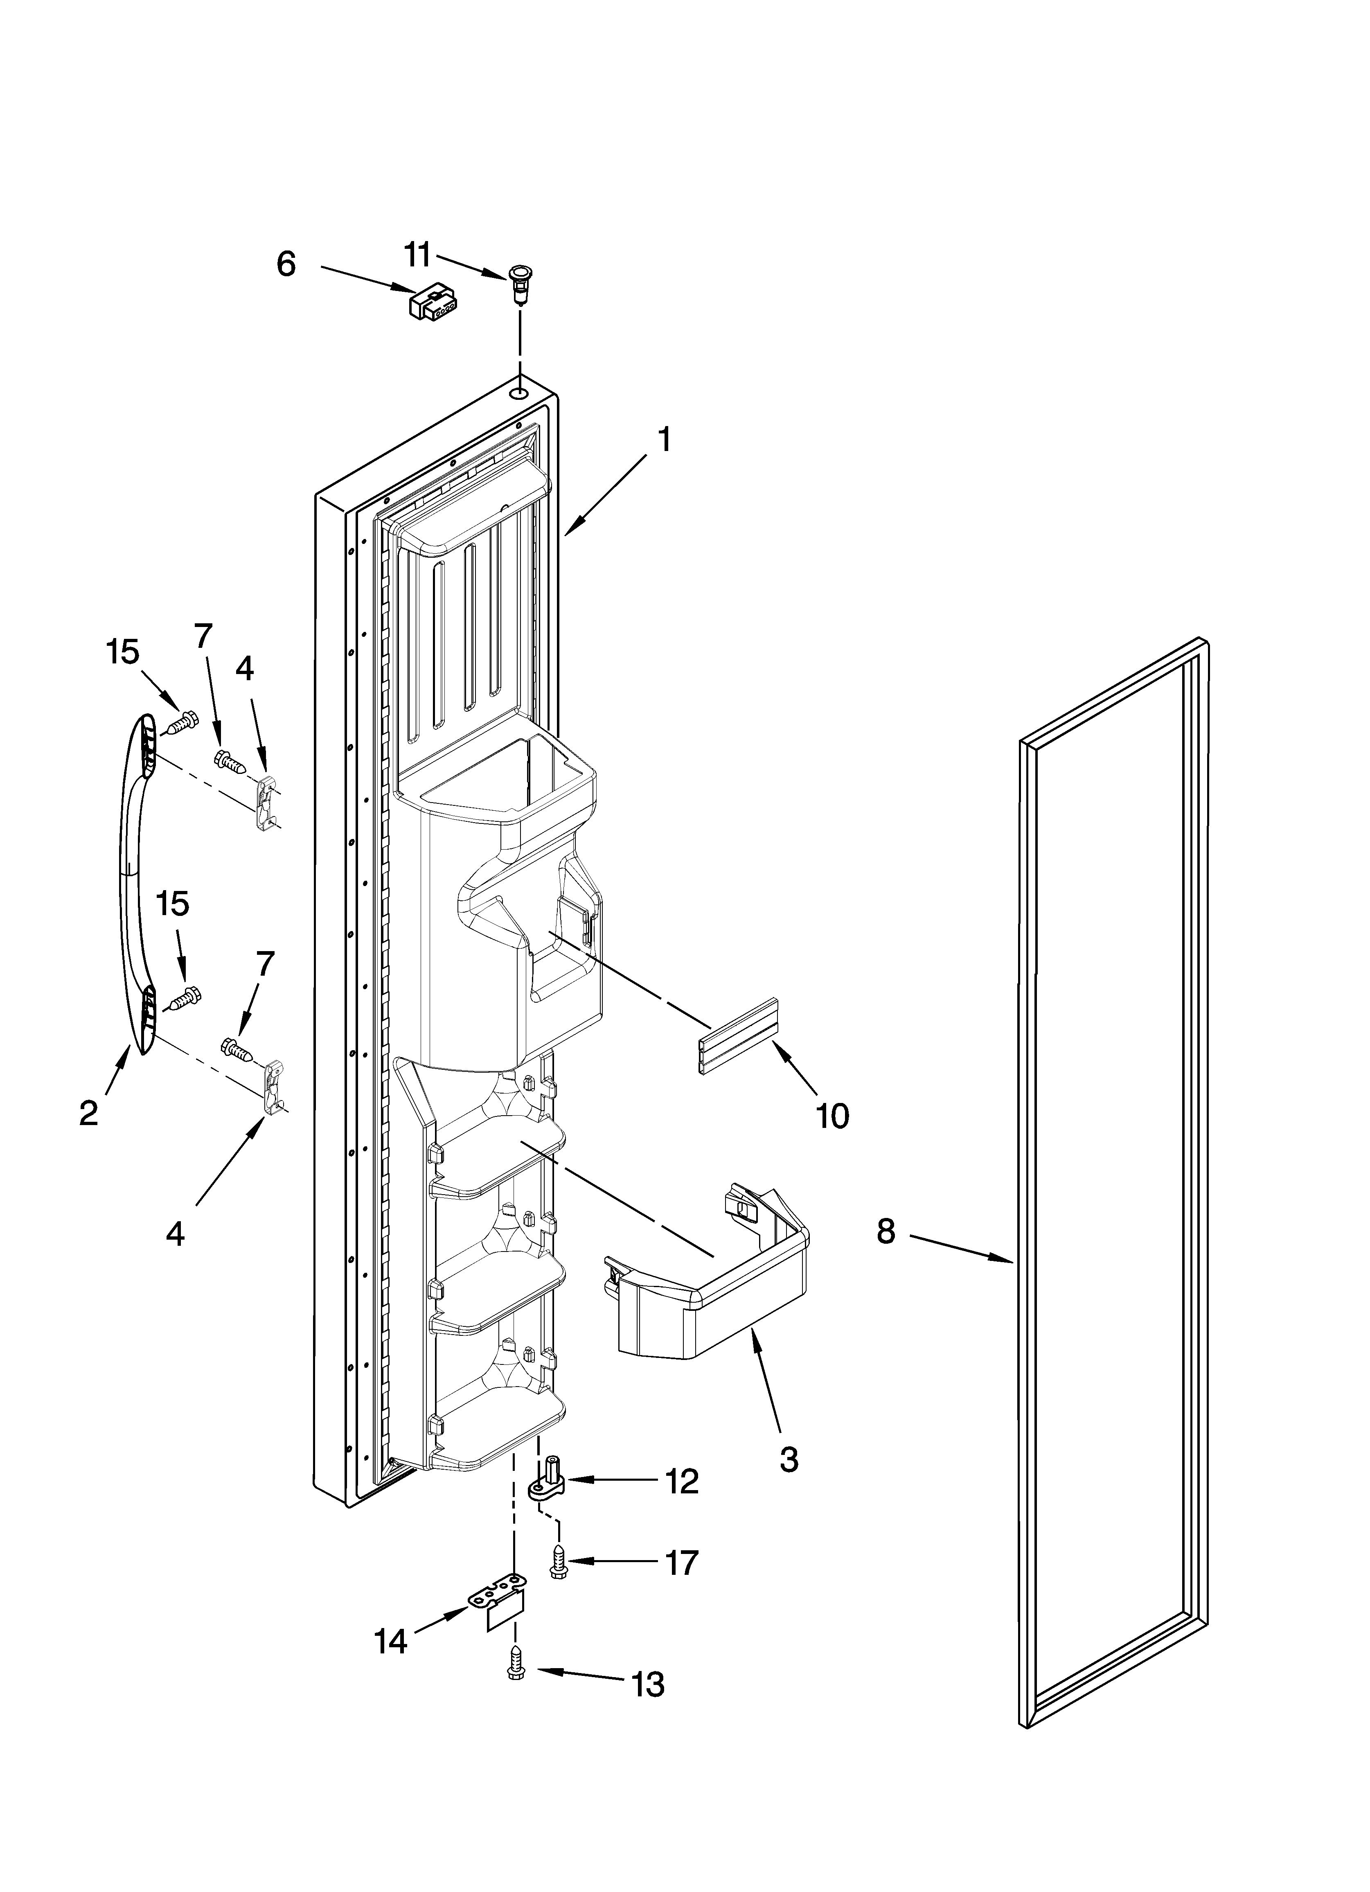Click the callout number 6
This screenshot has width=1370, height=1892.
(286, 264)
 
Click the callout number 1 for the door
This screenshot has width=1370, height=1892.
(664, 440)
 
